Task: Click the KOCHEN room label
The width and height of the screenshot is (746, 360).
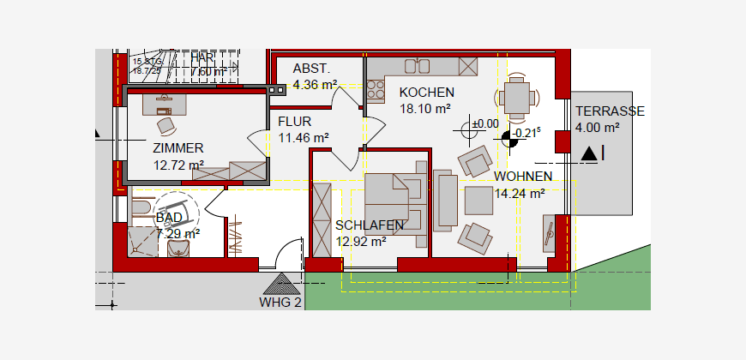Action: coord(426,93)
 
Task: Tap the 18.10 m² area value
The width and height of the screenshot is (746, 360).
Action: coord(425,109)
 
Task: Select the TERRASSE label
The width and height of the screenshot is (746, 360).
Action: coord(610,111)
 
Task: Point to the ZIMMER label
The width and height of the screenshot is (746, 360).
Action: coord(178,148)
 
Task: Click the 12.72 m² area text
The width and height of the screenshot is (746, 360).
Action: coord(178,165)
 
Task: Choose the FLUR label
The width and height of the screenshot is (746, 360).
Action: coord(294,121)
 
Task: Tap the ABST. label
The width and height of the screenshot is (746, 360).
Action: coord(311,69)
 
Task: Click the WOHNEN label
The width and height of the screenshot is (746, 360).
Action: coord(523,177)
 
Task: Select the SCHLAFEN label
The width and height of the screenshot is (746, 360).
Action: coord(370,225)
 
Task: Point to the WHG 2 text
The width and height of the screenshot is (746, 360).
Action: coord(280,302)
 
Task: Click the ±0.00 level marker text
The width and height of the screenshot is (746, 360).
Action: coord(484,123)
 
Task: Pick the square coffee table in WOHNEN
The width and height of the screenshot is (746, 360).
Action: coord(478,201)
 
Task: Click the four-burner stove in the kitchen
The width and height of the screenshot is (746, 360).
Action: coord(376,86)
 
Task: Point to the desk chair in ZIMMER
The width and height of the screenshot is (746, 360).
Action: coord(165,123)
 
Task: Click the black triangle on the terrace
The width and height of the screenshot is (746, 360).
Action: coord(588,153)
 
